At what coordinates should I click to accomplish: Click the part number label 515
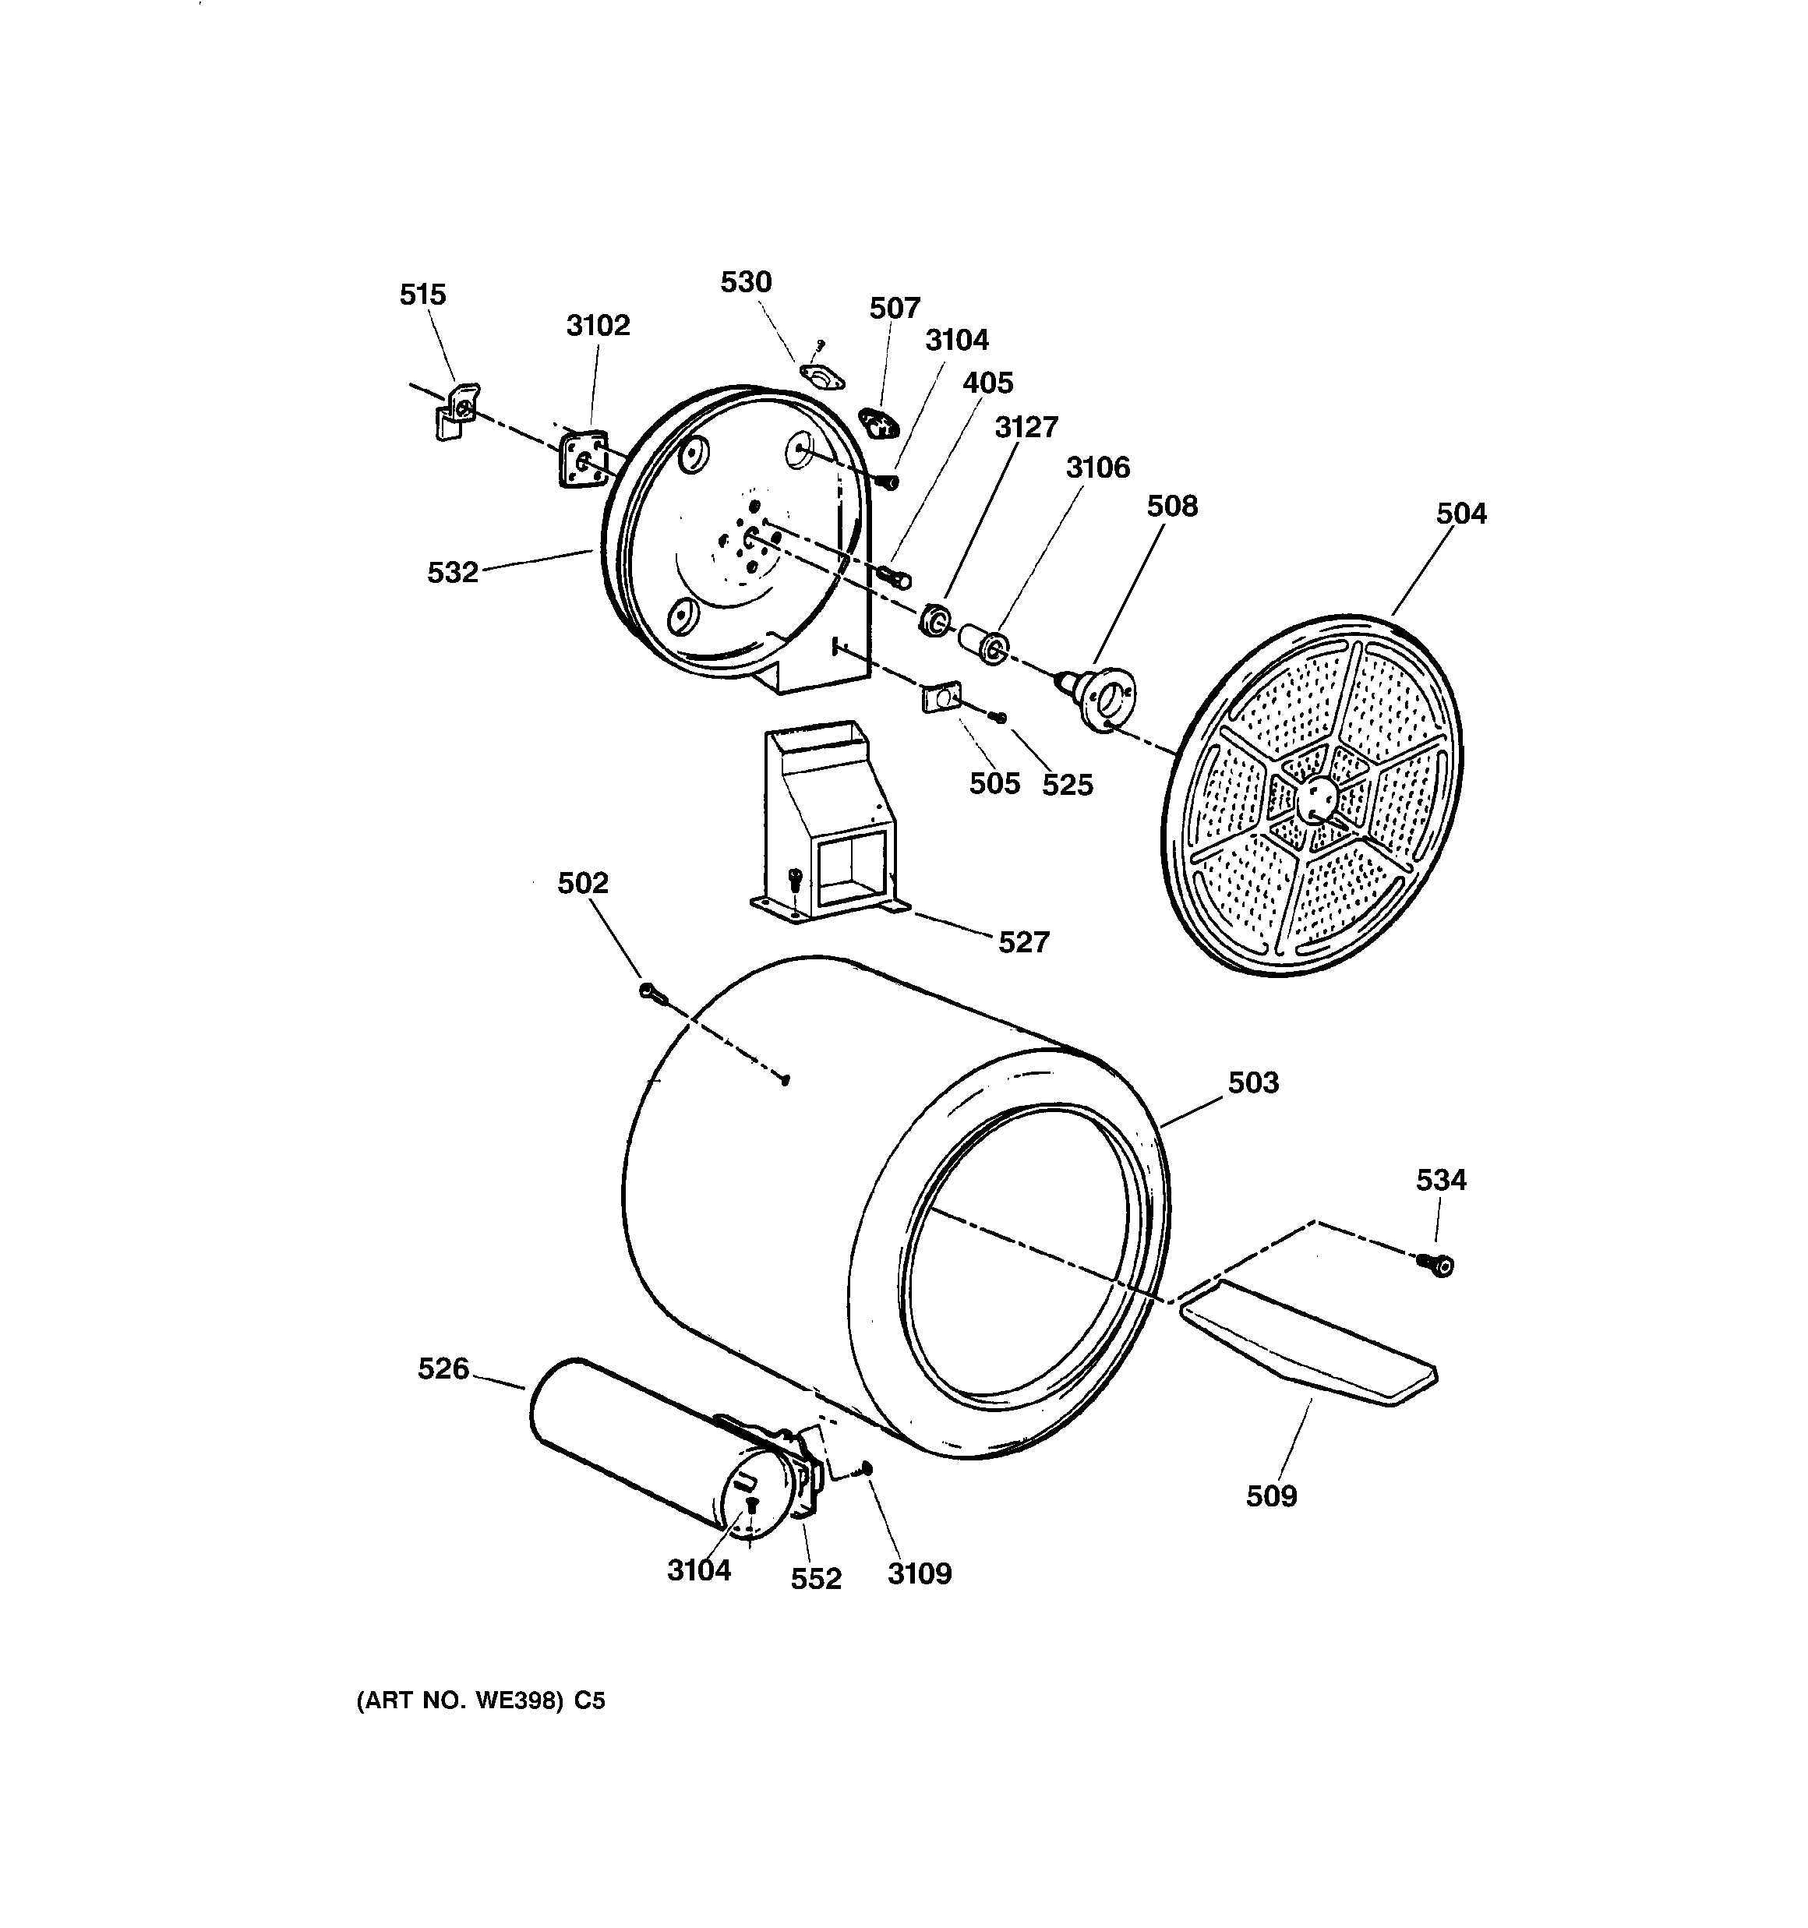[x=423, y=295]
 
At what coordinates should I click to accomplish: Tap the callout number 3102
[x=598, y=326]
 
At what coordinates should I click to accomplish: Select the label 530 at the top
[x=745, y=282]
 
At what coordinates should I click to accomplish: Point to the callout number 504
[x=1460, y=514]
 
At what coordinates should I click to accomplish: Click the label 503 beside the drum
[x=1253, y=1082]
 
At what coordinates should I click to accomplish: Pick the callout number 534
[x=1440, y=1181]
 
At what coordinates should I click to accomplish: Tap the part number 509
[x=1270, y=1496]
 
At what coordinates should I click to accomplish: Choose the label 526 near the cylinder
[x=443, y=1368]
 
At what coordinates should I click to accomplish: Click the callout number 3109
[x=919, y=1574]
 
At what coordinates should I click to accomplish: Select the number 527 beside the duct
[x=1023, y=941]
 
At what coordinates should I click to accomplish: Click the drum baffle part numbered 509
[x=1309, y=1344]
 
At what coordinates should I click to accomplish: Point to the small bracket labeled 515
[x=456, y=413]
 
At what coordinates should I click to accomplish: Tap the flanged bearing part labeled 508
[x=1101, y=697]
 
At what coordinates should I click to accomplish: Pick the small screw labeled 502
[x=650, y=991]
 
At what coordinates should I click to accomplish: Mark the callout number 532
[x=453, y=573]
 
